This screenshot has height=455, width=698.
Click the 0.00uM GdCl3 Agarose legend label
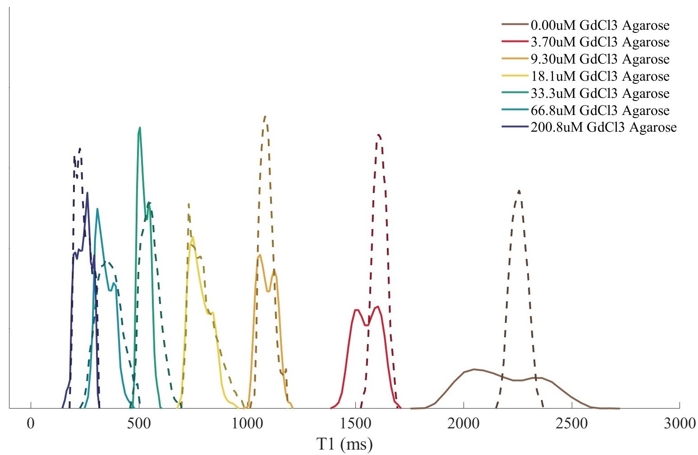point(600,25)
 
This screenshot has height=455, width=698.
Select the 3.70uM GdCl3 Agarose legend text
point(600,42)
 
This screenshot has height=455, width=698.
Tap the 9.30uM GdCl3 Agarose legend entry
point(600,59)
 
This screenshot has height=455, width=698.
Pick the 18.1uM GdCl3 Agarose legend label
point(600,76)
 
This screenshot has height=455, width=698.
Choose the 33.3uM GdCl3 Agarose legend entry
point(600,93)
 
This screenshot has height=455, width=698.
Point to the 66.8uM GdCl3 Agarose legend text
point(600,110)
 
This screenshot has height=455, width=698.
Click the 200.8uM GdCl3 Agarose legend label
point(604,128)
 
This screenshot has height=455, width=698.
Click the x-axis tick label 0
point(31,424)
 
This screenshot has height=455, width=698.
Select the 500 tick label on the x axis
point(139,424)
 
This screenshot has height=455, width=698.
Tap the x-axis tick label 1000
point(248,424)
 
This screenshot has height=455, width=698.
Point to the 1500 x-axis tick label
point(356,424)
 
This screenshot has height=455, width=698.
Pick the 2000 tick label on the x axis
point(464,424)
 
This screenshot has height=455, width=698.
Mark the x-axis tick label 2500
point(572,424)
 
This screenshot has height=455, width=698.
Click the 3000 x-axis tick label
point(680,424)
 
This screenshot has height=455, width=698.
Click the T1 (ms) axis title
point(344,444)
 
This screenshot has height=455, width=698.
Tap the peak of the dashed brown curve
point(519,191)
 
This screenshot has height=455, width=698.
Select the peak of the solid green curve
point(140,128)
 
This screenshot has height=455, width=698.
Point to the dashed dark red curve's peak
point(378,135)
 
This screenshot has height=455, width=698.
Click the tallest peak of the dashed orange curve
point(265,116)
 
